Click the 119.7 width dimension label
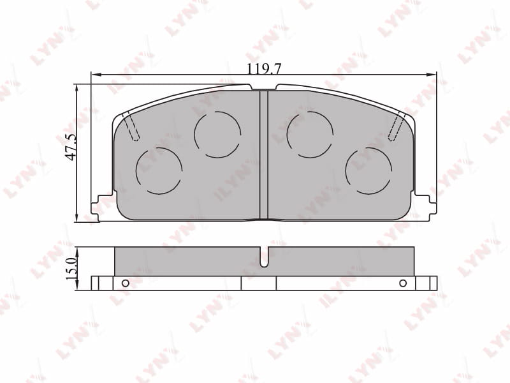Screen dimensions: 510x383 [x=264, y=69]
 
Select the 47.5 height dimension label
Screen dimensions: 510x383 [x=71, y=147]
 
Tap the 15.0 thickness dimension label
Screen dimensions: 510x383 [x=71, y=268]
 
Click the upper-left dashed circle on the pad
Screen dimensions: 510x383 [x=217, y=135]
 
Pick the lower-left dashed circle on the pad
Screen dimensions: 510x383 [x=159, y=171]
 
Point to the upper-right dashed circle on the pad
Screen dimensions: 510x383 [x=310, y=135]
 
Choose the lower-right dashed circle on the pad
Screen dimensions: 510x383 [x=369, y=171]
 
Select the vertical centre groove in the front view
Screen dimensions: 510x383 [x=264, y=154]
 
